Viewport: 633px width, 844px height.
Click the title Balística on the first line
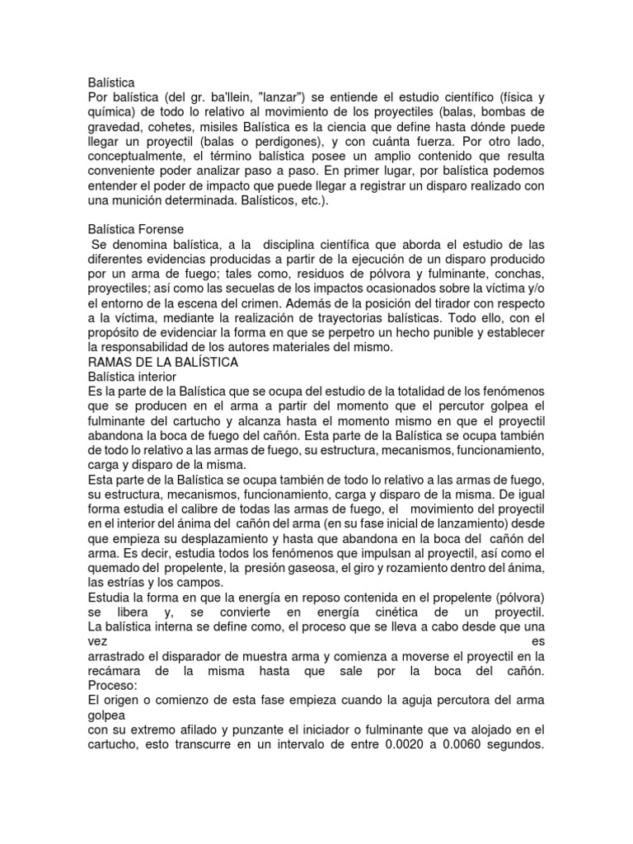click(110, 82)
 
